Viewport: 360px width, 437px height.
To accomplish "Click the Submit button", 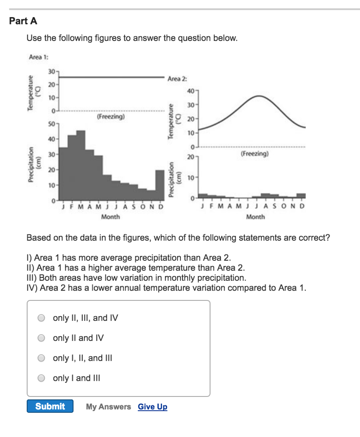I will click(50, 406).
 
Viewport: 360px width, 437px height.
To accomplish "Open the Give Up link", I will click(152, 407).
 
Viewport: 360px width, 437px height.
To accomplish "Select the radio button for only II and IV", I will click(41, 338).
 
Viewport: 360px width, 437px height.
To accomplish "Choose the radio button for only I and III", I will click(41, 378).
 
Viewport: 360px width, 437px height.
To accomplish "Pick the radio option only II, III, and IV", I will click(41, 318).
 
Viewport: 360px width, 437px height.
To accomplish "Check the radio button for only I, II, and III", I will click(41, 358).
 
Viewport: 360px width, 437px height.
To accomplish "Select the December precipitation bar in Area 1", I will click(160, 185).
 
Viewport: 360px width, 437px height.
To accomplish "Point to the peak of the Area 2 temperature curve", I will click(259, 96).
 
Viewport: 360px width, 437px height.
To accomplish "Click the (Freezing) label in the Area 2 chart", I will click(255, 154).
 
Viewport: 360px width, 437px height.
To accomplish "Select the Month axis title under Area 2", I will click(255, 217).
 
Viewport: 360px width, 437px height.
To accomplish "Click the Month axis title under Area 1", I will click(110, 217).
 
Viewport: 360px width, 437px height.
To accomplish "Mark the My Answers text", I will click(108, 407).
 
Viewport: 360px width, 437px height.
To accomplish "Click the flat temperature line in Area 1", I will click(111, 77).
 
